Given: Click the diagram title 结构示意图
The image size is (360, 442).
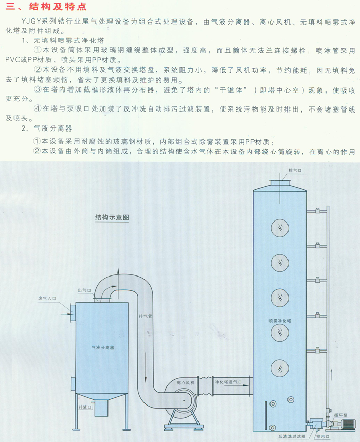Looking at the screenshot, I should pos(112,217).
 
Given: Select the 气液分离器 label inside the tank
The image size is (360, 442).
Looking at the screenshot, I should pos(102,348).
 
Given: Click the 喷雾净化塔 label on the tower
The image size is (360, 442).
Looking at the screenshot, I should pos(280,321).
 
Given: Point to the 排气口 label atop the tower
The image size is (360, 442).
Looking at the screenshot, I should pos(295,170).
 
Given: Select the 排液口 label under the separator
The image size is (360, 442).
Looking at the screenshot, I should pos(85,406).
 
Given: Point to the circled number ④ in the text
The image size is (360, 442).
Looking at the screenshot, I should pos(37,109).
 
